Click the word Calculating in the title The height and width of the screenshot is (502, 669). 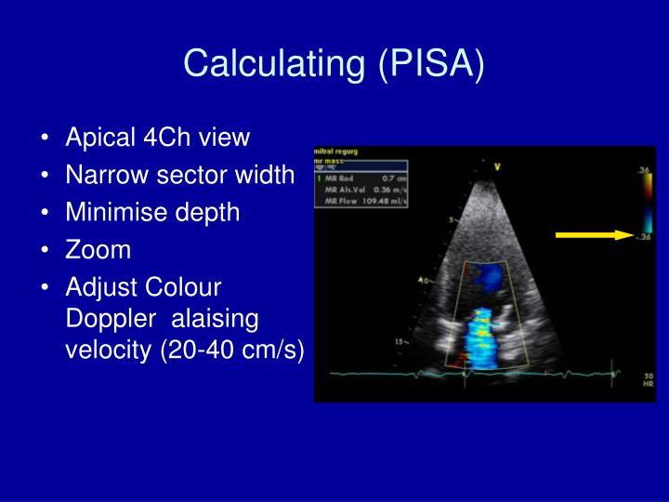click(274, 63)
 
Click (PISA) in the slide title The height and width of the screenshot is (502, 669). click(431, 63)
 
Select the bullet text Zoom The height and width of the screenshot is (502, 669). click(98, 250)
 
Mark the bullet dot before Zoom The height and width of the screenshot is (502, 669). click(46, 251)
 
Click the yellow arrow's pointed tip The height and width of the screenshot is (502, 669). click(632, 235)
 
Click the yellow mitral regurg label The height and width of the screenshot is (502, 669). click(337, 151)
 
